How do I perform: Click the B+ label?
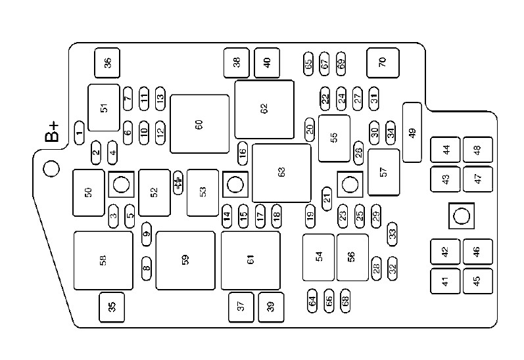(x=52, y=132)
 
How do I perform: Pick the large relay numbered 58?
(x=103, y=260)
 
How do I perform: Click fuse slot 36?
(x=107, y=63)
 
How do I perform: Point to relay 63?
(x=281, y=173)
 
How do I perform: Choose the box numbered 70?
(x=383, y=62)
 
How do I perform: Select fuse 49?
(x=412, y=132)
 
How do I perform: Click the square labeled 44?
(x=446, y=149)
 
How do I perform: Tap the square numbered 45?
(x=477, y=280)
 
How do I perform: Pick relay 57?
(x=384, y=172)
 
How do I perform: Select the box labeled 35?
(x=112, y=306)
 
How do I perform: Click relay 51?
(x=104, y=107)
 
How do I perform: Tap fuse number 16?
(x=243, y=154)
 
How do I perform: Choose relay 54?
(x=319, y=257)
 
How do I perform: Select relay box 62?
(x=264, y=109)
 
